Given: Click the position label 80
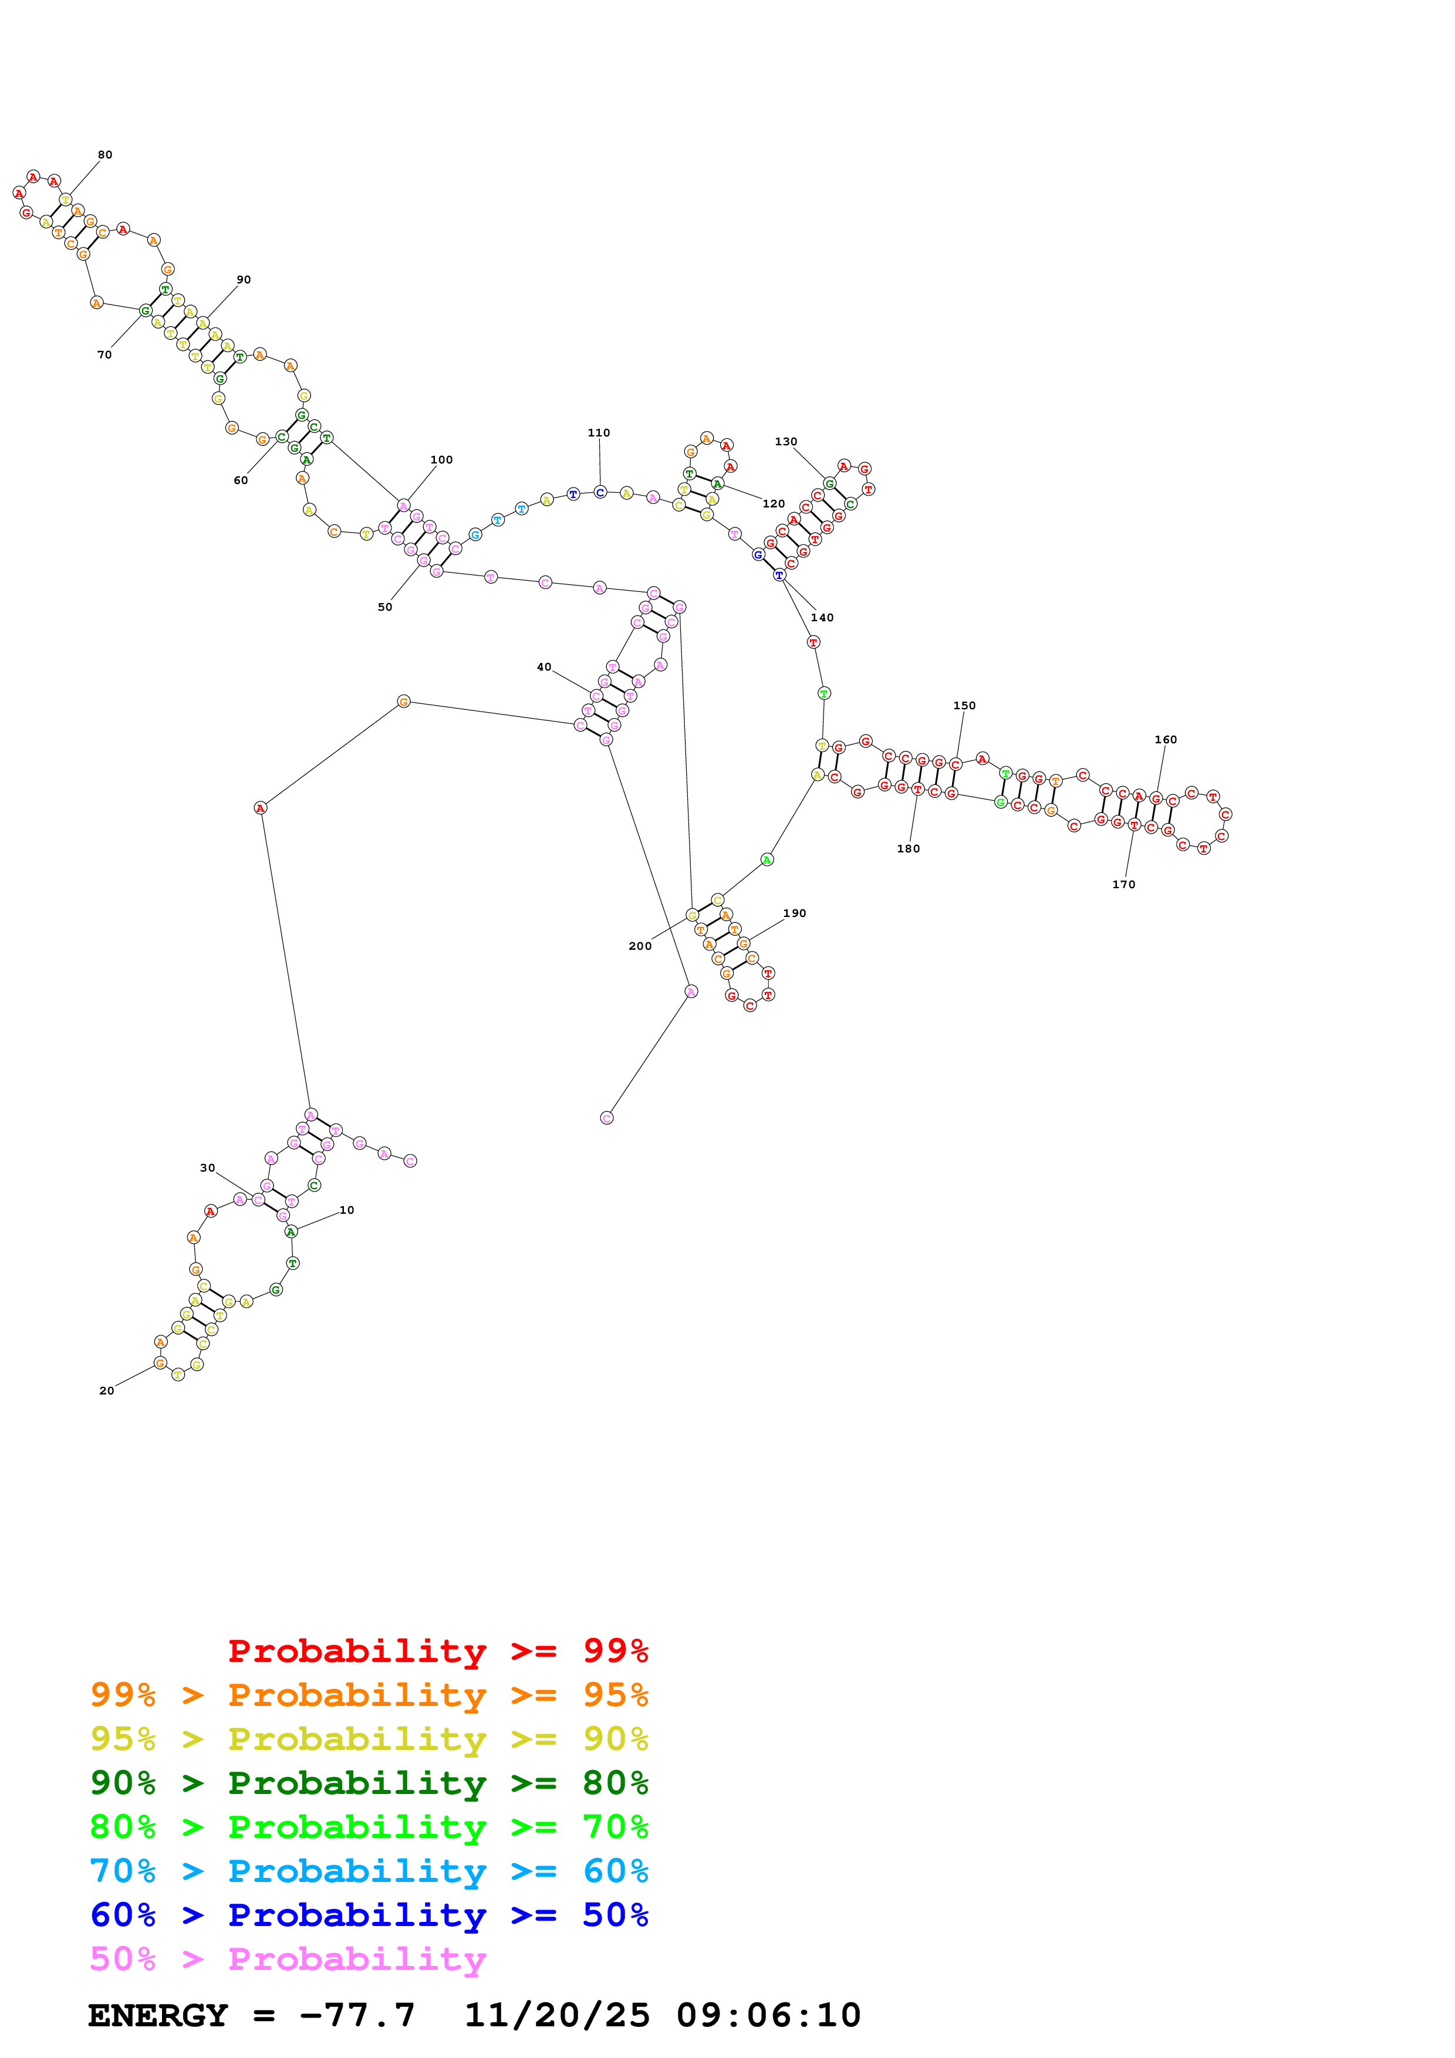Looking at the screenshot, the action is point(105,155).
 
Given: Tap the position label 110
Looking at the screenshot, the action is point(599,433).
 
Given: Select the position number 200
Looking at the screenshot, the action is point(640,946).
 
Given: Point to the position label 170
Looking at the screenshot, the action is point(1123,885).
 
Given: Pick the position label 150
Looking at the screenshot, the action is point(965,705).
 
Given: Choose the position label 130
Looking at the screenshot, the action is point(786,442).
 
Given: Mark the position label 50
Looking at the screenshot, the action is point(384,608).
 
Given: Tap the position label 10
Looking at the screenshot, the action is point(347,1210).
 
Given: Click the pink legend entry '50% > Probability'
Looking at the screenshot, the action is point(288,1959).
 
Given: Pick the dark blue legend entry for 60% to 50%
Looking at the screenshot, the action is point(369,1915).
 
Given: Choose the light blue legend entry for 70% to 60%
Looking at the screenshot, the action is point(369,1871).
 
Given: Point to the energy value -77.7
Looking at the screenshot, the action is point(357,2016).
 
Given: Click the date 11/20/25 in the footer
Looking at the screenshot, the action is point(557,2016).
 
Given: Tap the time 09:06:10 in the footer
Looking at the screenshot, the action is point(768,2016).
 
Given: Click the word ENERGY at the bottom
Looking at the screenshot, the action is point(158,2016).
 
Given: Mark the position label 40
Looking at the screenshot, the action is point(544,667).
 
